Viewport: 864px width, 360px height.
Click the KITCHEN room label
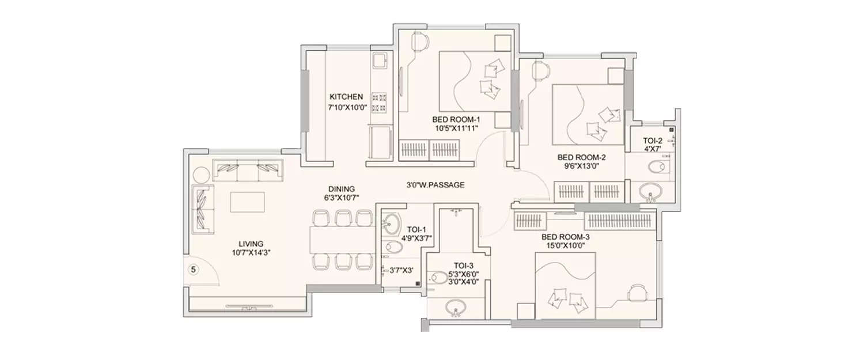point(346,97)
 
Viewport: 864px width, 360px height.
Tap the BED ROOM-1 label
point(456,119)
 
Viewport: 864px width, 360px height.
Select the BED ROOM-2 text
point(581,157)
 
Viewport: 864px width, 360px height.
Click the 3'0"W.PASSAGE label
point(434,185)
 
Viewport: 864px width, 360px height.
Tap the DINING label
point(342,189)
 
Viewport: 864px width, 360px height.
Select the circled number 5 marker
point(194,270)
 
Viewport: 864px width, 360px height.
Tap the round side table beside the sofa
point(200,175)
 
